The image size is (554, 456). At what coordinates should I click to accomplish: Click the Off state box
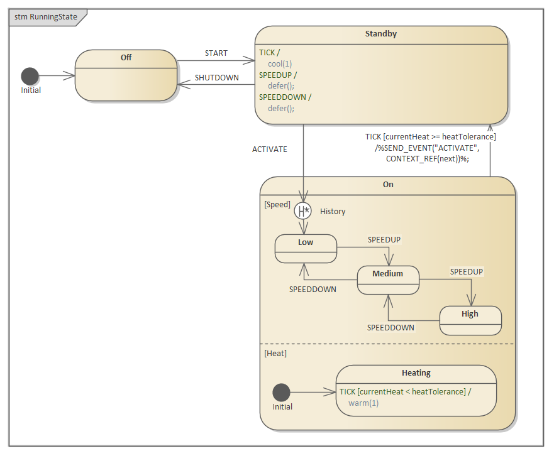pos(126,75)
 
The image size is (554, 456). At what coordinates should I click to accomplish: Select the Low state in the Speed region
pos(306,249)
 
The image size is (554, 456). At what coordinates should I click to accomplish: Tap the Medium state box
pos(387,280)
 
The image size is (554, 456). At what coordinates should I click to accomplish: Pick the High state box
pos(470,320)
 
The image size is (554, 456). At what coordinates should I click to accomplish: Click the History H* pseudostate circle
pos(302,210)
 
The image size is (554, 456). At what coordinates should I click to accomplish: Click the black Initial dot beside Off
pos(30,76)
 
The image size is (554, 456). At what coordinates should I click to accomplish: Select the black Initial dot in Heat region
pos(281,393)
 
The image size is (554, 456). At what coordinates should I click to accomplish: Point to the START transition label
pos(216,53)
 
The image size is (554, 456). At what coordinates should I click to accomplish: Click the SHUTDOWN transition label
pos(216,78)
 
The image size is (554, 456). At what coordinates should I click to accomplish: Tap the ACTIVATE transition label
pos(269,149)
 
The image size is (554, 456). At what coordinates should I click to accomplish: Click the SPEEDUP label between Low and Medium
pos(384,240)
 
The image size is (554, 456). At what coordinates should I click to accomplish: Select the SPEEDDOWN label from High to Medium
pos(391,327)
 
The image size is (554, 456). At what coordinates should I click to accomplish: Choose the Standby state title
pos(381,34)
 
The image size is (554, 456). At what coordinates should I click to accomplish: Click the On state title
pos(387,185)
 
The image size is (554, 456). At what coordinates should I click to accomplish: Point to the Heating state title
pos(416,373)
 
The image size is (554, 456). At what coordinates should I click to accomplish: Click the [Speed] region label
pos(277,205)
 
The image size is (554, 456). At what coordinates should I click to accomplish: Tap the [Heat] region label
pos(275,354)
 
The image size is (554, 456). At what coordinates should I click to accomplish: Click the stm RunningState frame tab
pos(45,17)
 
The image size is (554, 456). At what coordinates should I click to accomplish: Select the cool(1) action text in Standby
pos(280,63)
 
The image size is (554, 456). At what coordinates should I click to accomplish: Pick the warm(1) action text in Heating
pos(363,403)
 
